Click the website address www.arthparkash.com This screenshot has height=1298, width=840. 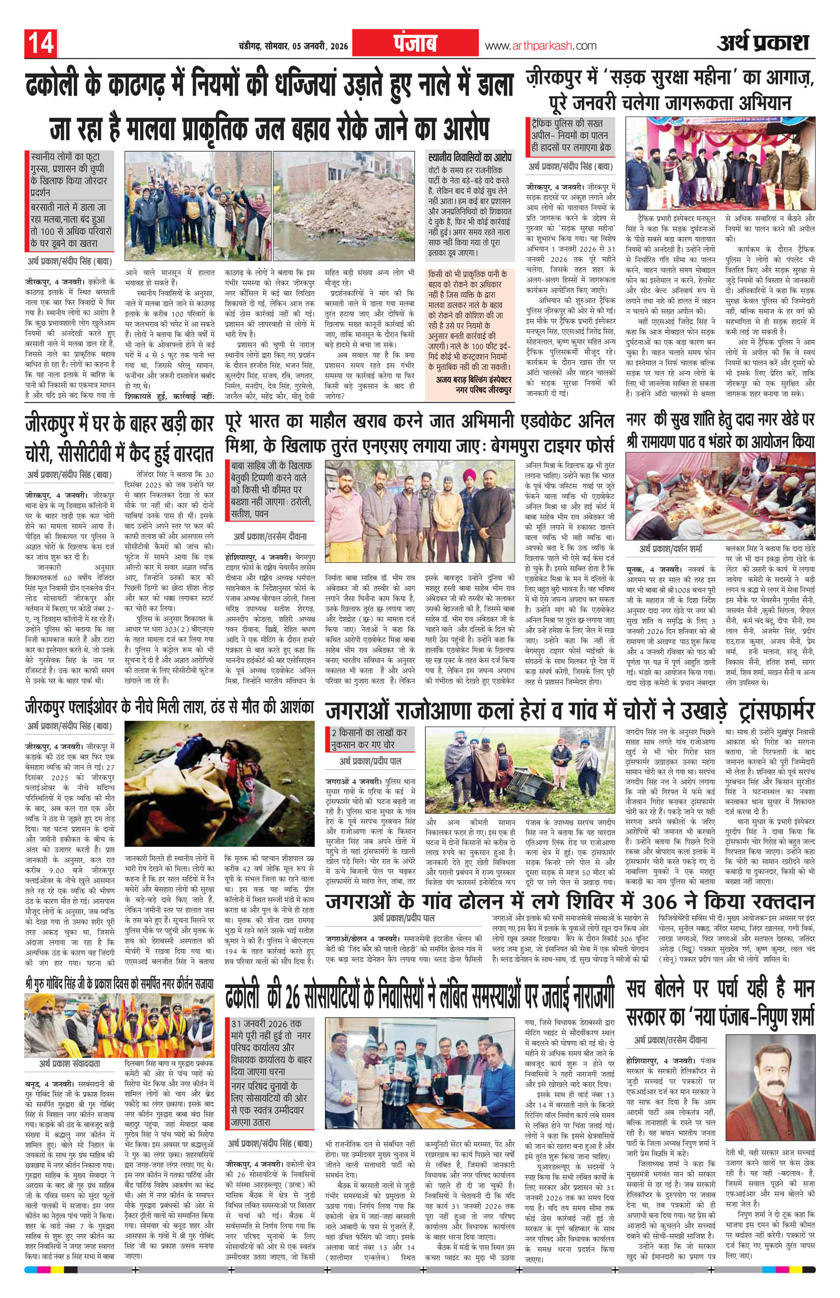coord(541,46)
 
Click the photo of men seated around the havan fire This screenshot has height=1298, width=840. coord(720,495)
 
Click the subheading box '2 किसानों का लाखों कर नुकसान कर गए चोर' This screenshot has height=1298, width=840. coord(369,738)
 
